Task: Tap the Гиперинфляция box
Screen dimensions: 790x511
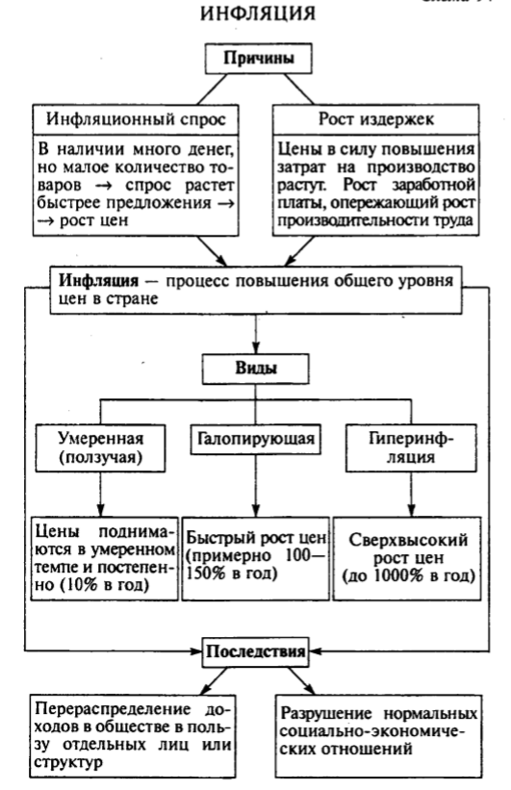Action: click(412, 446)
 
